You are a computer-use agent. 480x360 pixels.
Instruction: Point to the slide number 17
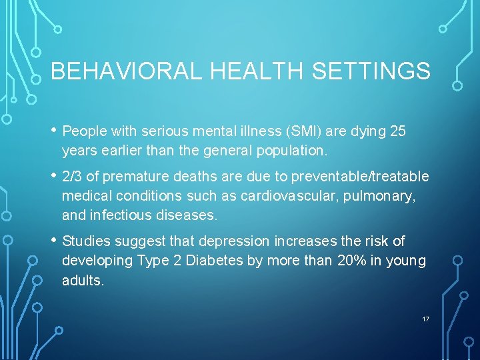point(425,319)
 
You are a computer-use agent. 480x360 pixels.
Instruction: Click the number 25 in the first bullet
point(397,131)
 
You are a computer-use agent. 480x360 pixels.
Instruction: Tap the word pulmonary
point(391,196)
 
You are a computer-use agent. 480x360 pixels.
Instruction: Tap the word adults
point(82,280)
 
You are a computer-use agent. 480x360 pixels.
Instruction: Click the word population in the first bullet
point(294,151)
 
